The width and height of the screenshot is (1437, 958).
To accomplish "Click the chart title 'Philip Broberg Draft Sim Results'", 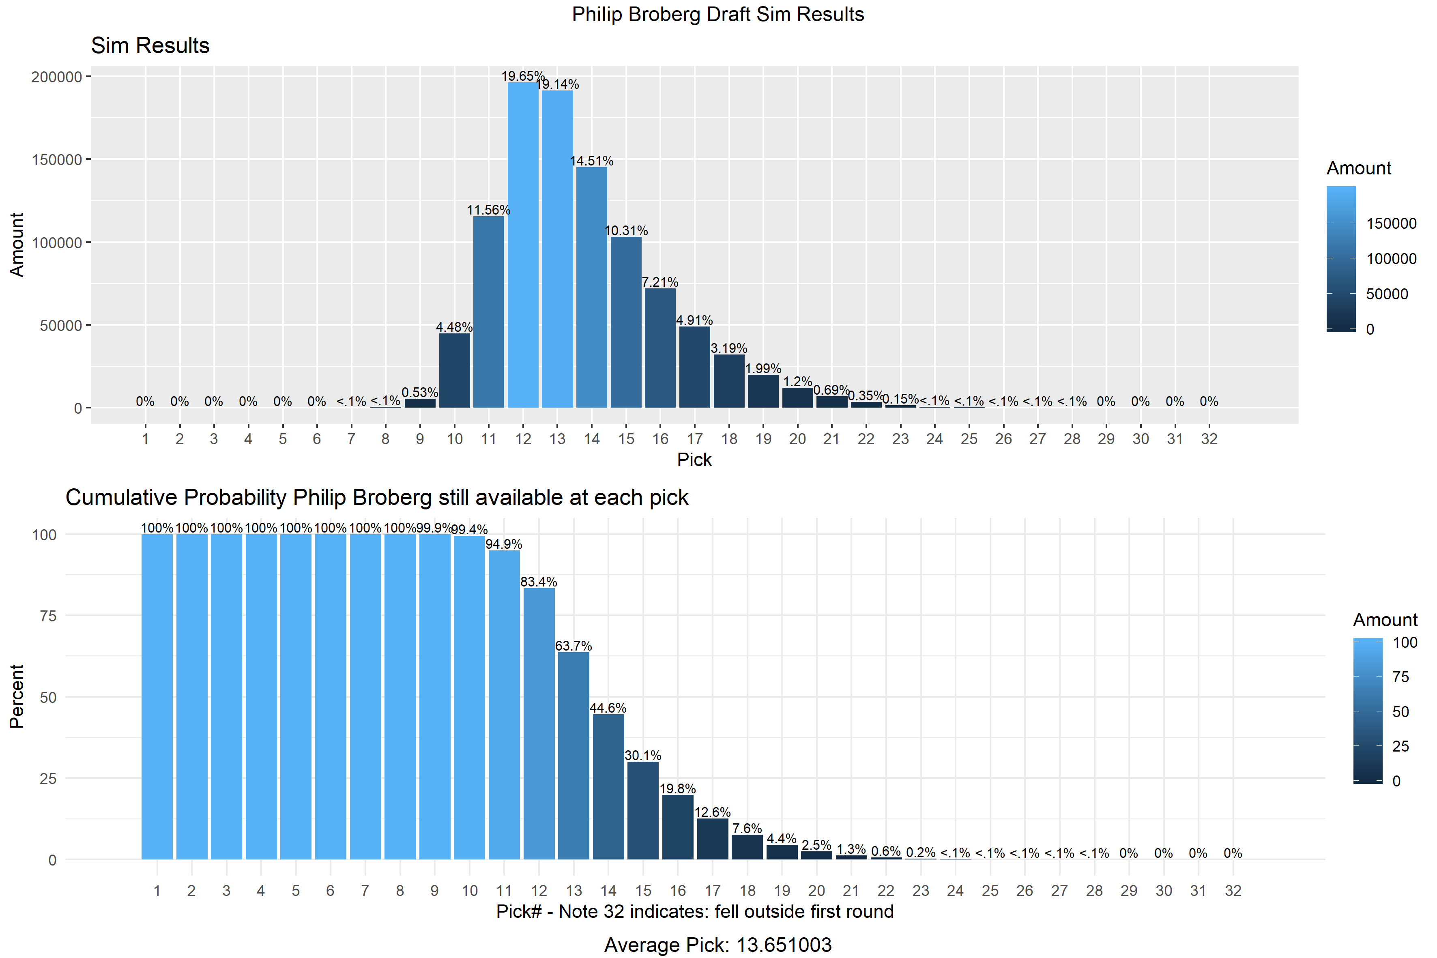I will [x=718, y=14].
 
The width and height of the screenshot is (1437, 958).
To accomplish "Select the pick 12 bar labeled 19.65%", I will [x=523, y=245].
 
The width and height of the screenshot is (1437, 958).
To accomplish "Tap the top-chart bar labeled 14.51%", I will [x=591, y=287].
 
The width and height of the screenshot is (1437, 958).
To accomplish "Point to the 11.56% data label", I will [x=488, y=210].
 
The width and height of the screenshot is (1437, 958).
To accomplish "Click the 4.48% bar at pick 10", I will [x=455, y=370].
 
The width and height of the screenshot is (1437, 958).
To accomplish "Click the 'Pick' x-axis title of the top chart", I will [x=694, y=460].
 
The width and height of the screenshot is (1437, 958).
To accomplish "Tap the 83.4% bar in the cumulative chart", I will [x=539, y=724].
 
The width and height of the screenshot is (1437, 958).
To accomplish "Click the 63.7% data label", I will [x=573, y=646].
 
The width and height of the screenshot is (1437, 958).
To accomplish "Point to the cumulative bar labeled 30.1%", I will [x=643, y=811].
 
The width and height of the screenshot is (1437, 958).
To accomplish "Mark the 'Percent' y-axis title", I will [x=17, y=696].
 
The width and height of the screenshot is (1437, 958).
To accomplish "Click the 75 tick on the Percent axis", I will [x=48, y=616].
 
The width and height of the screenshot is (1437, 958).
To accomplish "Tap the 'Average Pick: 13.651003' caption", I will [x=718, y=945].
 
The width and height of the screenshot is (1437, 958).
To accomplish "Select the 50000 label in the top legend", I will [x=1387, y=294].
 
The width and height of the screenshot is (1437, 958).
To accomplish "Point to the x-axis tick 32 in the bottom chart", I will [x=1233, y=891].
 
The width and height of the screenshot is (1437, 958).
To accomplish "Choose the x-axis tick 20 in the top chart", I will [x=797, y=439].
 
